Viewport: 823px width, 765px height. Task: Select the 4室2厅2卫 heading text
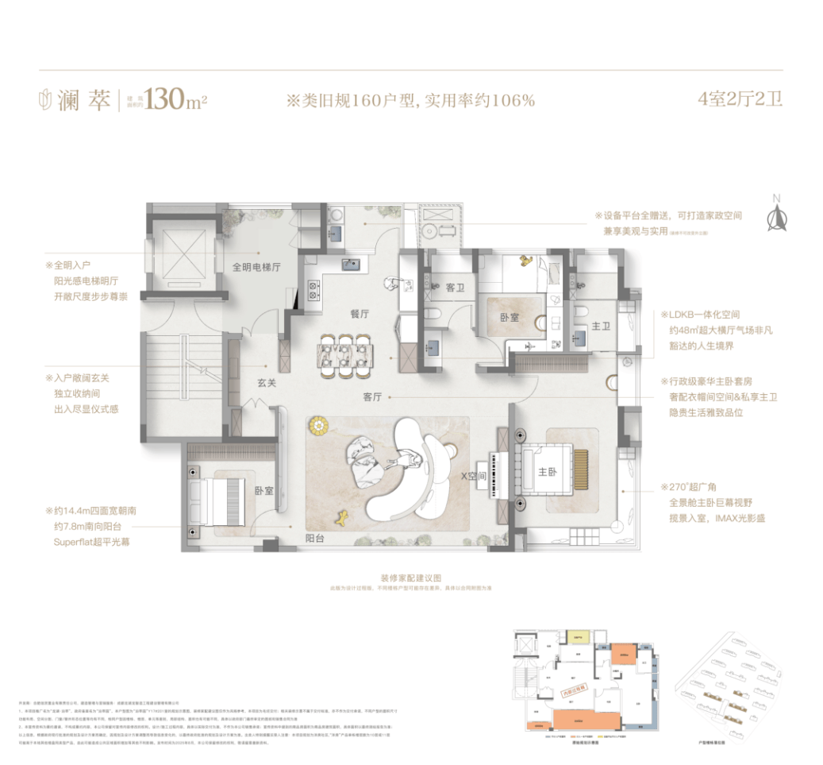click(739, 100)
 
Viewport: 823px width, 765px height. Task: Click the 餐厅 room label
click(361, 314)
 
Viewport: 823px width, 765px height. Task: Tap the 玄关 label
click(266, 383)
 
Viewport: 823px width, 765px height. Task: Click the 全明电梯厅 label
click(256, 268)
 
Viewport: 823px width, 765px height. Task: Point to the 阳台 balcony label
click(316, 538)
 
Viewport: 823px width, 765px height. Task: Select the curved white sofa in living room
click(413, 469)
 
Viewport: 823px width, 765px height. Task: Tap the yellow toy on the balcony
click(344, 518)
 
